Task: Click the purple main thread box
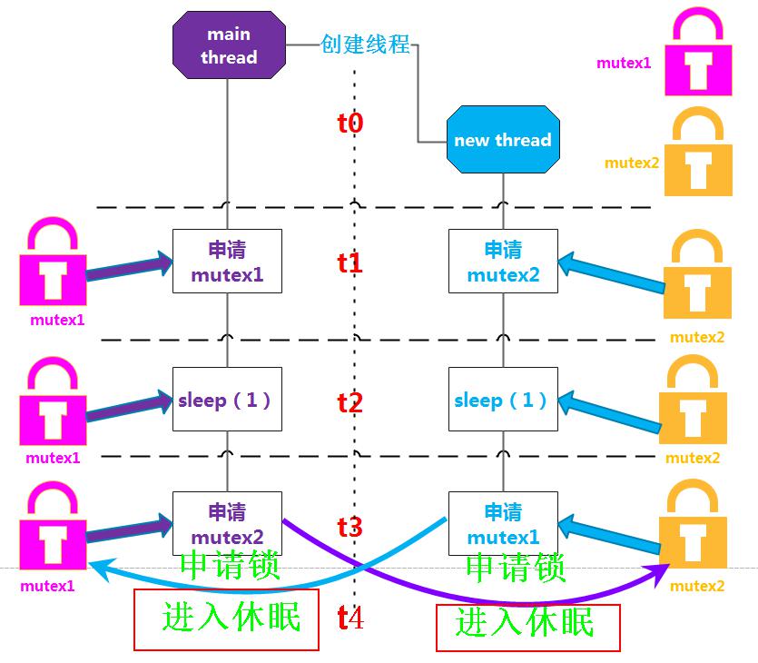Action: pyautogui.click(x=229, y=45)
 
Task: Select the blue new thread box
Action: pyautogui.click(x=503, y=139)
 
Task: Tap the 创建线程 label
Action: pyautogui.click(x=365, y=44)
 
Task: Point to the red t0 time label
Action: pyautogui.click(x=350, y=123)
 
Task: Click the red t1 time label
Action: pyautogui.click(x=350, y=263)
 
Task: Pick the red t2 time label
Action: pyautogui.click(x=350, y=402)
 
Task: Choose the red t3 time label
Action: pyautogui.click(x=350, y=527)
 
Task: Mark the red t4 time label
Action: pyautogui.click(x=350, y=618)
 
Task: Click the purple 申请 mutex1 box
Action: pyautogui.click(x=227, y=262)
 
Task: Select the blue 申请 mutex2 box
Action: pyautogui.click(x=503, y=262)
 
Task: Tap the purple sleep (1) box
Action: pyautogui.click(x=227, y=399)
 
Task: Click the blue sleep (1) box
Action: pyautogui.click(x=503, y=399)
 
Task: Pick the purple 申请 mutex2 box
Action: pyautogui.click(x=227, y=524)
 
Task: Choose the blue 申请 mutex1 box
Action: pyautogui.click(x=503, y=524)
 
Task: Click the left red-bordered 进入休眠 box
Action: pyautogui.click(x=226, y=619)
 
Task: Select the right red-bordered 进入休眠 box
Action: pyautogui.click(x=528, y=628)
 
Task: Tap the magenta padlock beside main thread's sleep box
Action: pyautogui.click(x=53, y=401)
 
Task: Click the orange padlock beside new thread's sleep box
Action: pyautogui.click(x=693, y=399)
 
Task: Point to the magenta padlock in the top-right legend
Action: pyautogui.click(x=698, y=51)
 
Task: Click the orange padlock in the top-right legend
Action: pyautogui.click(x=698, y=152)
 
